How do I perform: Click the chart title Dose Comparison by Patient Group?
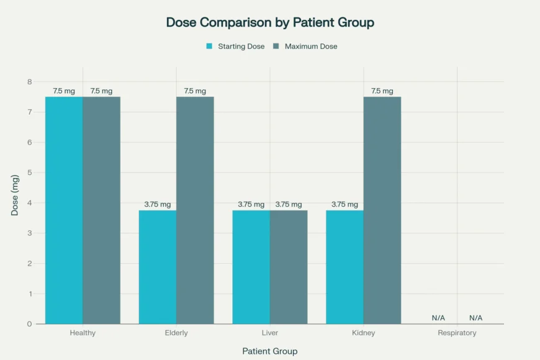point(270,23)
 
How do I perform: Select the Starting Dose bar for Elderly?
point(158,267)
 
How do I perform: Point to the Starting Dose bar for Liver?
point(251,267)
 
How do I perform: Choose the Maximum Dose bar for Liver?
point(289,267)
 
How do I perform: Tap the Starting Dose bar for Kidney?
point(345,267)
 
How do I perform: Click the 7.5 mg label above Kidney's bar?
point(382,91)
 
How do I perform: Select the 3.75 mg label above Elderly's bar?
point(158,205)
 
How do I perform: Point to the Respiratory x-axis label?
point(457,333)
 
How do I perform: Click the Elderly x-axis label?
point(176,333)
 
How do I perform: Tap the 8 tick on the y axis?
point(29,82)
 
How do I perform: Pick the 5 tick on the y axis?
point(29,173)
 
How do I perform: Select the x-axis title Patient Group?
point(270,351)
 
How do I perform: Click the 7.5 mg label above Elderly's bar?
point(195,91)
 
